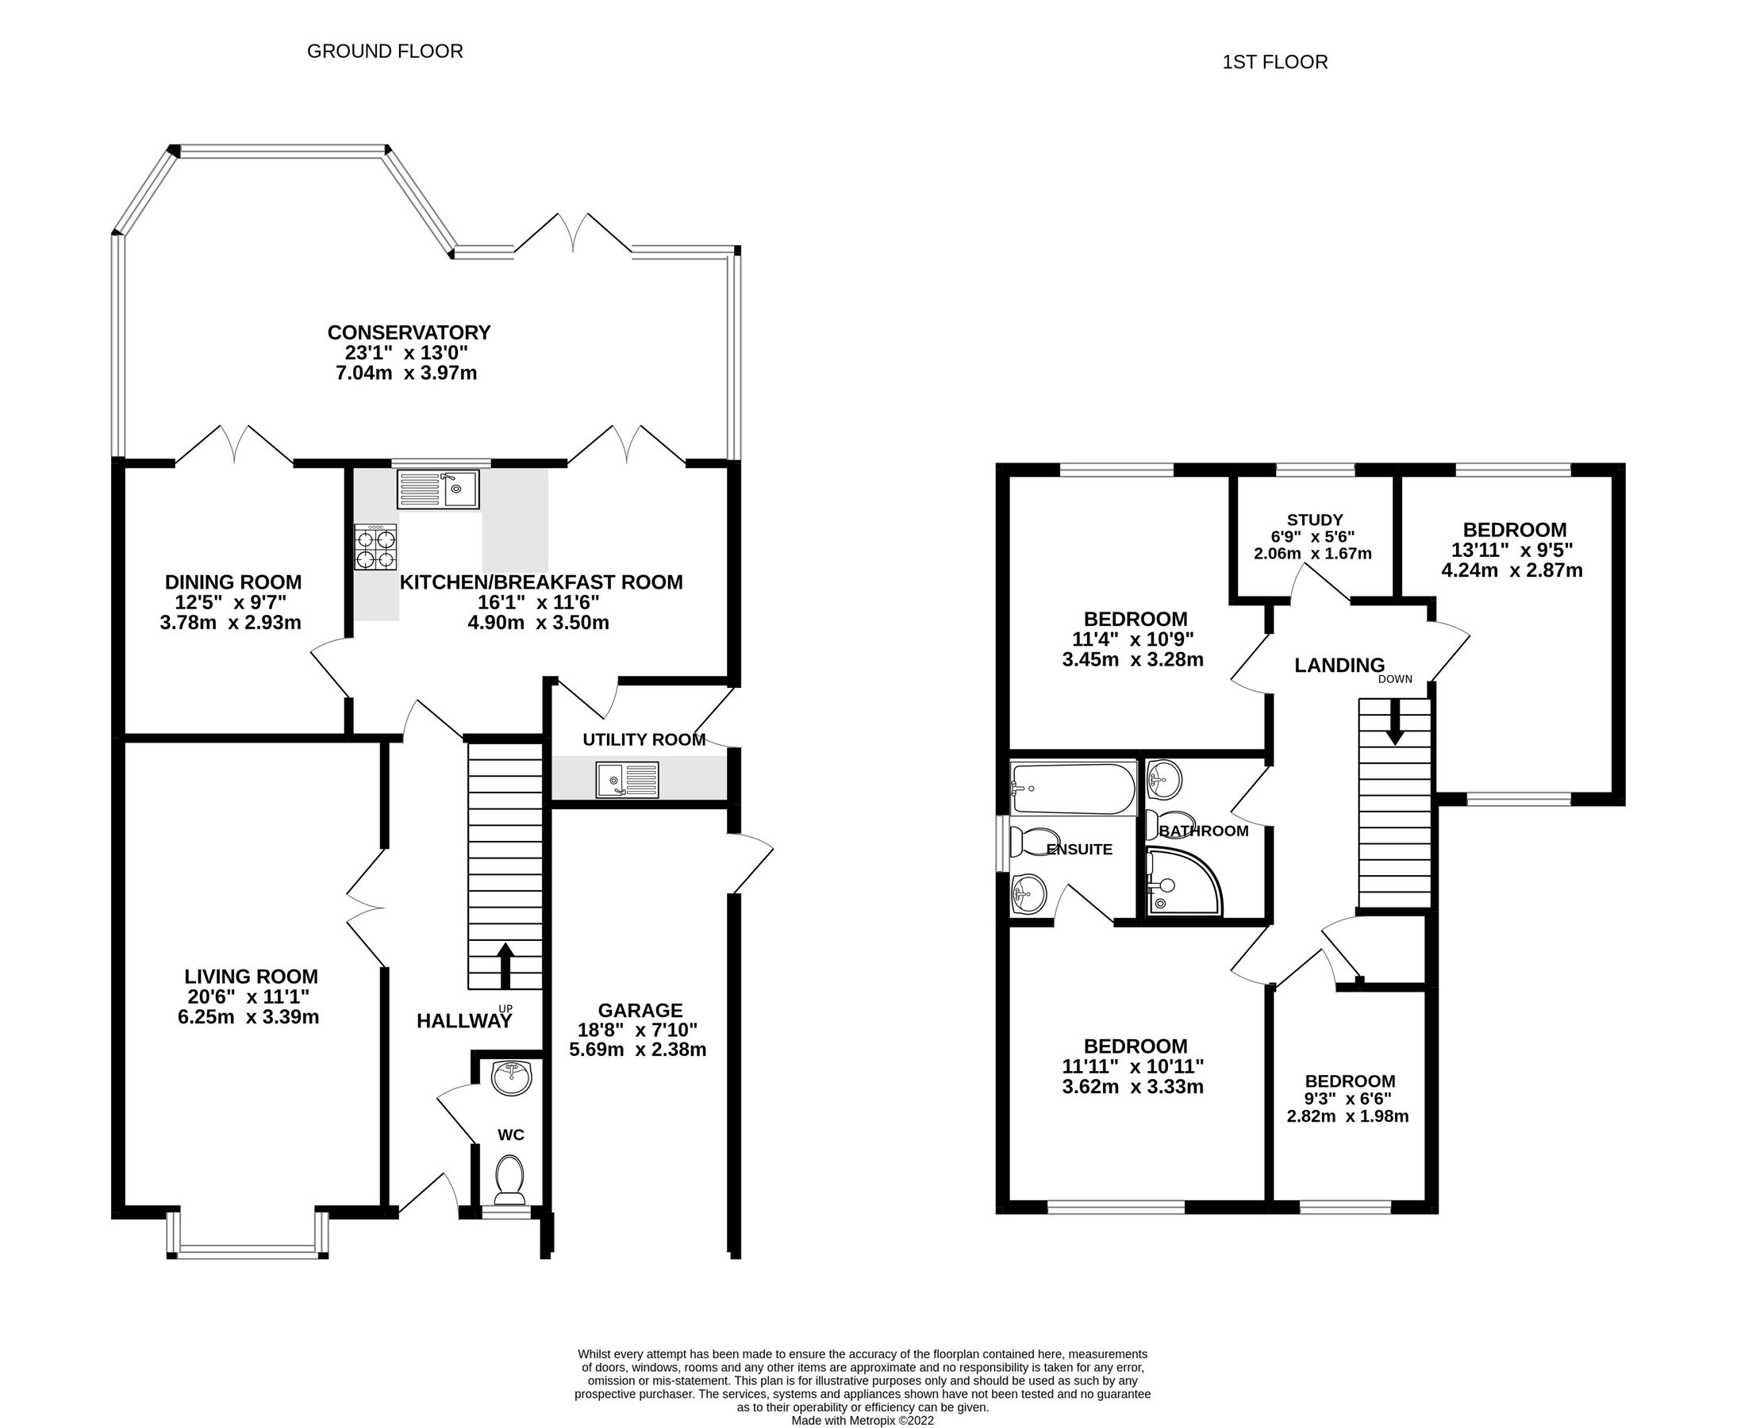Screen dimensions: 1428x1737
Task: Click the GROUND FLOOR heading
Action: (384, 51)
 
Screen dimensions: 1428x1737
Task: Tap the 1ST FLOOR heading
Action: (1274, 63)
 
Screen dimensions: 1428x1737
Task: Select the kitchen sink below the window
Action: (438, 489)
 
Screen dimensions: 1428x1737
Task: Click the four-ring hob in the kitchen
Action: (376, 547)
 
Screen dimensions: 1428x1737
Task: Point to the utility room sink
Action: (628, 779)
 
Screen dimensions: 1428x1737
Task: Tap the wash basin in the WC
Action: (511, 1077)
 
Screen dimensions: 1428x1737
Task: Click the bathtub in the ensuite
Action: (1072, 787)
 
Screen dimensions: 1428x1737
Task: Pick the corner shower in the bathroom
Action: (1180, 885)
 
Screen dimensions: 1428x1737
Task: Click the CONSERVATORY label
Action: (409, 332)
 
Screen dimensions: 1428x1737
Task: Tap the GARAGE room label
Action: (640, 1010)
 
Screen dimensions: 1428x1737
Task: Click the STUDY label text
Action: (1314, 520)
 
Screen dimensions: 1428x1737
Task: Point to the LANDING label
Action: (1339, 666)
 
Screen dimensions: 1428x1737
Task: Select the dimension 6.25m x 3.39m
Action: (248, 1018)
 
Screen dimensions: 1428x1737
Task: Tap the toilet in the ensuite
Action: (1030, 843)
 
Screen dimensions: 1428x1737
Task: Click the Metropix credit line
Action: (863, 1420)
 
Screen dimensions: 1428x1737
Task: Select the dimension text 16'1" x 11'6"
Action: (539, 602)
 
